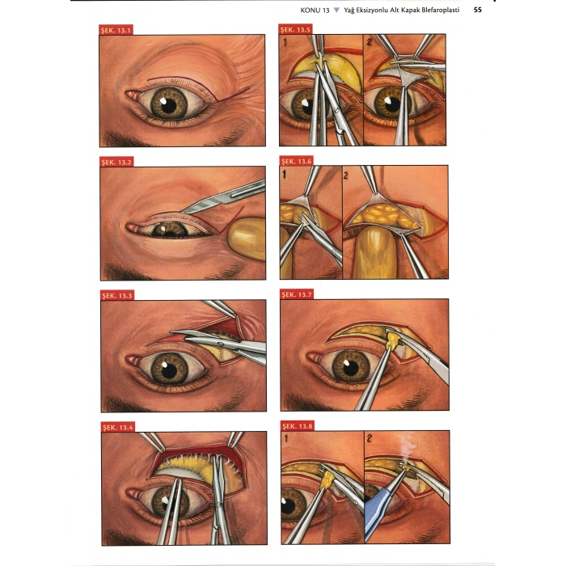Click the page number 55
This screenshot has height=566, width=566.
(x=477, y=10)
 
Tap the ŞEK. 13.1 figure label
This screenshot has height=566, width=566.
(x=116, y=30)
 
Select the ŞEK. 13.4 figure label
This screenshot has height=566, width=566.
(x=118, y=428)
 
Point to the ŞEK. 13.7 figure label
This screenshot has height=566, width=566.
(x=297, y=294)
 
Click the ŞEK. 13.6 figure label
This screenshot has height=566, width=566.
(x=297, y=161)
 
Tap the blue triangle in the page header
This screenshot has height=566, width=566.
(x=336, y=10)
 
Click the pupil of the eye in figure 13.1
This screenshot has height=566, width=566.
(x=168, y=105)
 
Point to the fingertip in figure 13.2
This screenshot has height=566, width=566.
(x=247, y=238)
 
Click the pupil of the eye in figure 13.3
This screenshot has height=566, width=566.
(x=169, y=370)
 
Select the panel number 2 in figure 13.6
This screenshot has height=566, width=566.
(x=346, y=175)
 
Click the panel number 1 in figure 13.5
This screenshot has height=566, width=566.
(x=285, y=43)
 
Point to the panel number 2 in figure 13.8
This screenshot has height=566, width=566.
(x=369, y=438)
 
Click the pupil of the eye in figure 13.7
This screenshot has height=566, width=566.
(x=351, y=368)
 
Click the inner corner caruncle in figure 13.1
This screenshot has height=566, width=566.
(x=131, y=95)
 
